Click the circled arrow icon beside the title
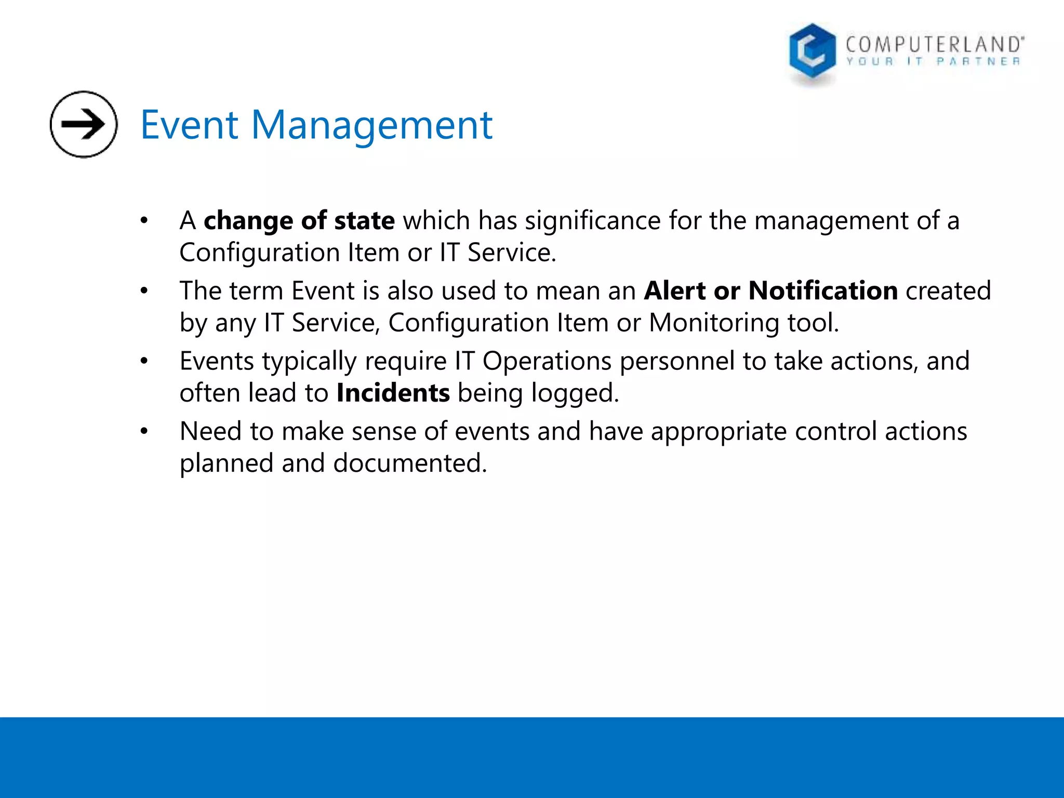click(84, 124)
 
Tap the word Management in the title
click(371, 126)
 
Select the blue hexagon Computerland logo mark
click(812, 52)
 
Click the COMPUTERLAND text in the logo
click(934, 45)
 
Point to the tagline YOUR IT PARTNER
click(933, 62)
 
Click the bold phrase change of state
click(299, 221)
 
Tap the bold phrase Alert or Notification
click(770, 290)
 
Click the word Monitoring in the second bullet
click(713, 323)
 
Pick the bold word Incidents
click(393, 393)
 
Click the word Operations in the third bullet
click(547, 361)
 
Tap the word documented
click(409, 463)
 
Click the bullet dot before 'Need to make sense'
click(144, 431)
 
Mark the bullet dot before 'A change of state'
click(144, 221)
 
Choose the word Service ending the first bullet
click(511, 253)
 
